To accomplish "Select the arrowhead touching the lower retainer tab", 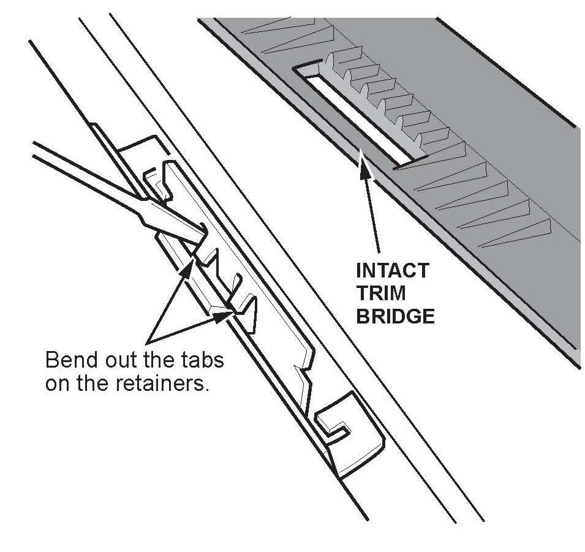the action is click(226, 314).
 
